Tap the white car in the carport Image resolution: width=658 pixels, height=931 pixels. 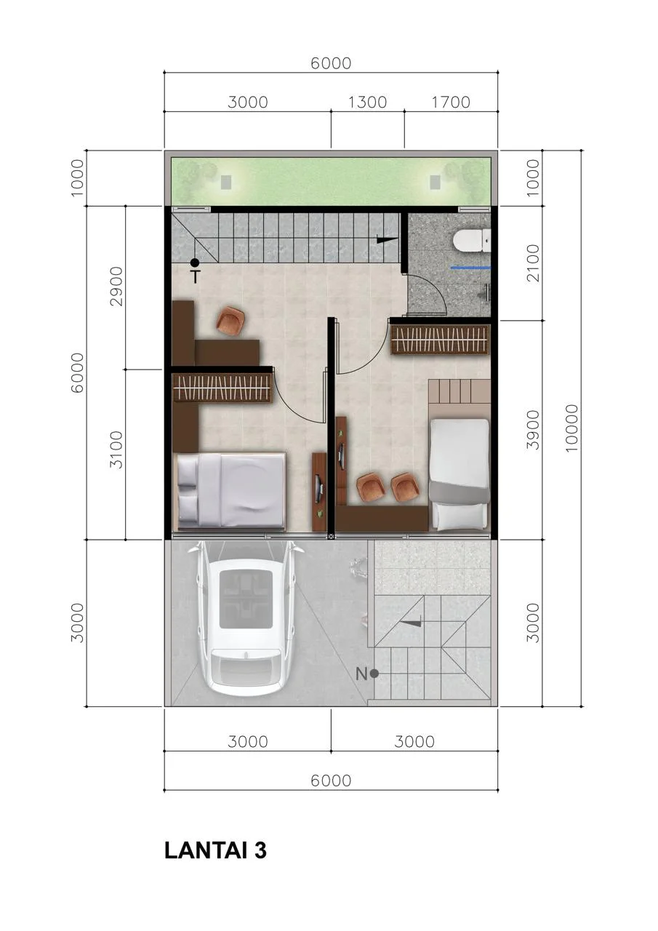click(246, 618)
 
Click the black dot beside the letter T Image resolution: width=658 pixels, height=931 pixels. click(194, 263)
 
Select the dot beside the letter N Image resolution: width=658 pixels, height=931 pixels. click(374, 674)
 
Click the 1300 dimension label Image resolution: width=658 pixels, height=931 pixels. click(368, 103)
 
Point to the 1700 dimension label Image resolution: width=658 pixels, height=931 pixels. click(451, 103)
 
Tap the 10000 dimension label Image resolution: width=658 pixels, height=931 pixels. click(571, 428)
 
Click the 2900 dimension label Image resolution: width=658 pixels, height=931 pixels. click(117, 287)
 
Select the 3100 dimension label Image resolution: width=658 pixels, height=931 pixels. click(117, 449)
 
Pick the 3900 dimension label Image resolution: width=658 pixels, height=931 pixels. click(532, 430)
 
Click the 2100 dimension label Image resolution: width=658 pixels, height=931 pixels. click(532, 263)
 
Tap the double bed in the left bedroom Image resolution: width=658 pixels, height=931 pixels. click(231, 491)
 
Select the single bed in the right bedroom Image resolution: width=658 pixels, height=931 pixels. click(459, 474)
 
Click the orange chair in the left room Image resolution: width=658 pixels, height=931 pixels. click(230, 320)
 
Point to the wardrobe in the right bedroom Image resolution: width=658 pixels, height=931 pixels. click(440, 340)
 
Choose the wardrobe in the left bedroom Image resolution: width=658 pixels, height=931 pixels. click(222, 388)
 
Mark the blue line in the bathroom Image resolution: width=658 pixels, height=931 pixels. click(471, 268)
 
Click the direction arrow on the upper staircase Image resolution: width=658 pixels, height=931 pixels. click(387, 240)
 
